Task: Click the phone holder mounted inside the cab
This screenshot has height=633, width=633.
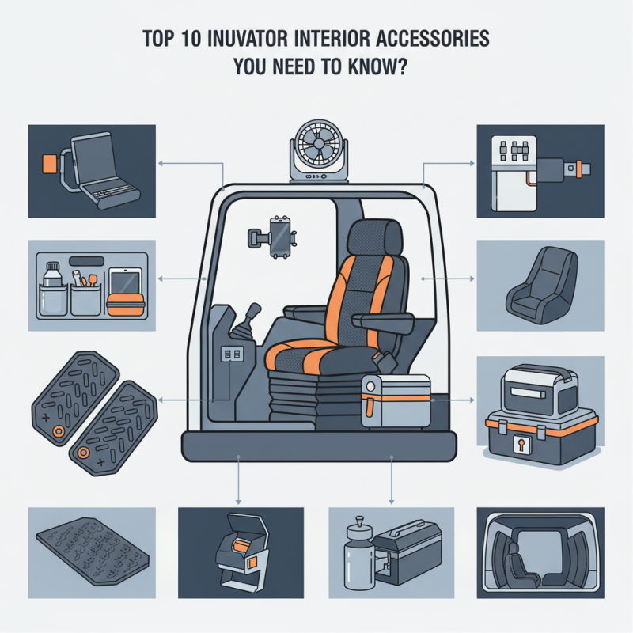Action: pyautogui.click(x=278, y=234)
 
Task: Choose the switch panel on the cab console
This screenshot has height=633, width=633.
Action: pyautogui.click(x=234, y=357)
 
